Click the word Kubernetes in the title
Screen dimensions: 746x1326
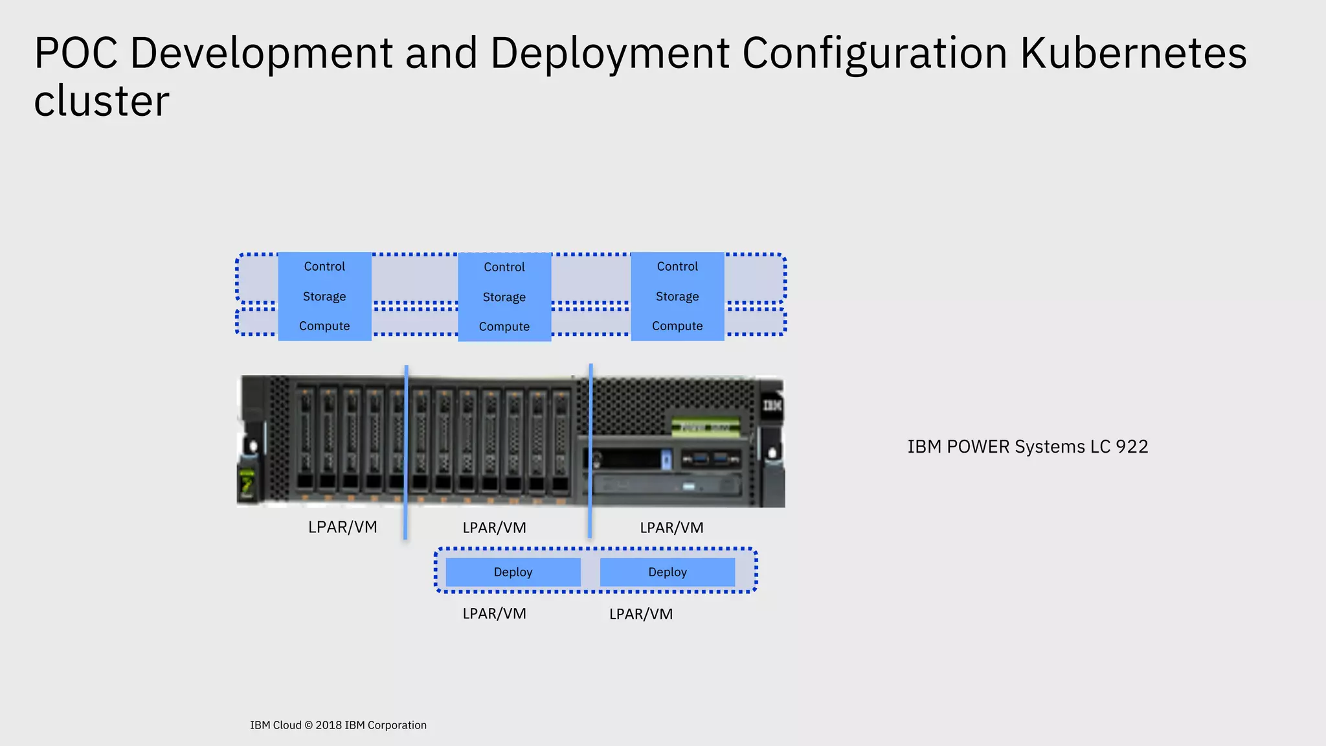(1133, 53)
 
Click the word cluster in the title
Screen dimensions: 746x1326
(102, 102)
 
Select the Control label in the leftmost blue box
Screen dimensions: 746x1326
(324, 266)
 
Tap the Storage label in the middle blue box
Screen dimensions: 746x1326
(504, 297)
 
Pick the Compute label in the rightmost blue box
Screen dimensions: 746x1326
(677, 326)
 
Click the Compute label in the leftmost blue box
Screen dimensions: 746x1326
(324, 326)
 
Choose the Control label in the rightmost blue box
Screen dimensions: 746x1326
(677, 266)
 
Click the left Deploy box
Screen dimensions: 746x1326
(513, 572)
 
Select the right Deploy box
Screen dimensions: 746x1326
(667, 572)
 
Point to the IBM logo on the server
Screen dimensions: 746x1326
(772, 405)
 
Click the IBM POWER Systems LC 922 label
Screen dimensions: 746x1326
(1028, 447)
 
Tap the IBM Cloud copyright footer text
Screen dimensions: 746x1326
(338, 725)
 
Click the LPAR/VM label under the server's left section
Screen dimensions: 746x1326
(343, 527)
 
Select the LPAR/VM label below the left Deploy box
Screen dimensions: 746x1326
(494, 613)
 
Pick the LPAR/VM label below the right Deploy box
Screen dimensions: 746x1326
(641, 614)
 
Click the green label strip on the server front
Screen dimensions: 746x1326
(706, 427)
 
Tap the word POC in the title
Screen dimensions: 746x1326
(76, 53)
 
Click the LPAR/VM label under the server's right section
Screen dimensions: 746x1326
(671, 528)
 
